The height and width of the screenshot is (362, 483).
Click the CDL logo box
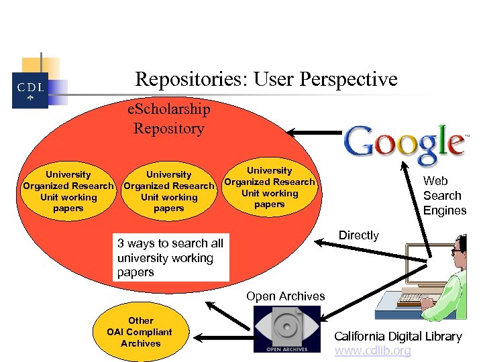click(30, 90)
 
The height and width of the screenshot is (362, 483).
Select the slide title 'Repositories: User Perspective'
click(266, 80)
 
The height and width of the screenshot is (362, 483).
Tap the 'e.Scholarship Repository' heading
click(169, 119)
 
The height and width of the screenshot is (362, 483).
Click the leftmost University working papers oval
click(68, 191)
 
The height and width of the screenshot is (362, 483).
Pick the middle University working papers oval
click(169, 191)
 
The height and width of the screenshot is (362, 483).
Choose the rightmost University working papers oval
click(270, 187)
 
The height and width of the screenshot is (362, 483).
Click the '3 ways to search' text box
click(171, 257)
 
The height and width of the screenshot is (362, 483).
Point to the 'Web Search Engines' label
click(444, 196)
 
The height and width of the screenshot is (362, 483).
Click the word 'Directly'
click(359, 235)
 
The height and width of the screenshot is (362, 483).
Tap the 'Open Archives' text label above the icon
click(285, 296)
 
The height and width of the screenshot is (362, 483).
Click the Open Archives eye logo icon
click(287, 328)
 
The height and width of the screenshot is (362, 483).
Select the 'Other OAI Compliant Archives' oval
click(141, 332)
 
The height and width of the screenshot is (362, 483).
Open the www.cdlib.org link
click(372, 351)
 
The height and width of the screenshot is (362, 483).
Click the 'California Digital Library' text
click(398, 337)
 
